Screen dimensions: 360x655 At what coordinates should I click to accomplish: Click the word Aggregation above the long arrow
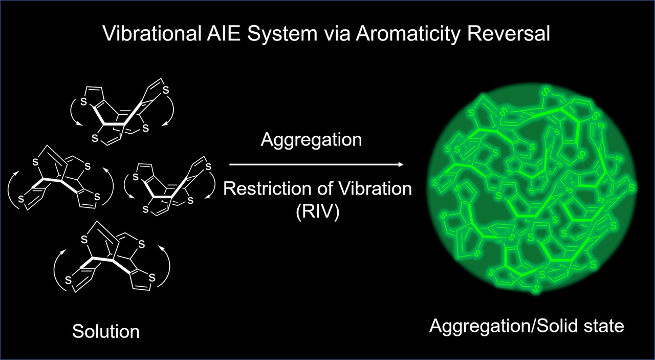(311, 139)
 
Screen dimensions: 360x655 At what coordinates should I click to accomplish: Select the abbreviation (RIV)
(317, 211)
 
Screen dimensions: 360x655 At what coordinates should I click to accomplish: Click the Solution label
(106, 331)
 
